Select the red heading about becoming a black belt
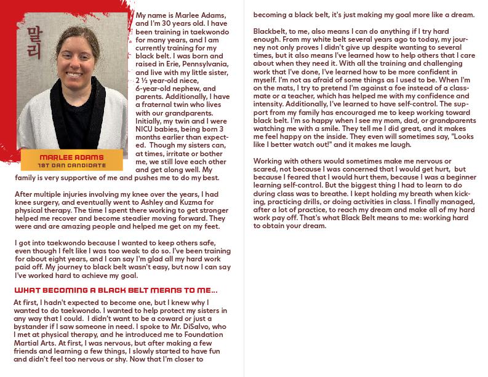(116, 290)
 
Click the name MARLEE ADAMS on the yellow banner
(72, 157)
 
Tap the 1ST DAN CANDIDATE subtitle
(72, 166)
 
